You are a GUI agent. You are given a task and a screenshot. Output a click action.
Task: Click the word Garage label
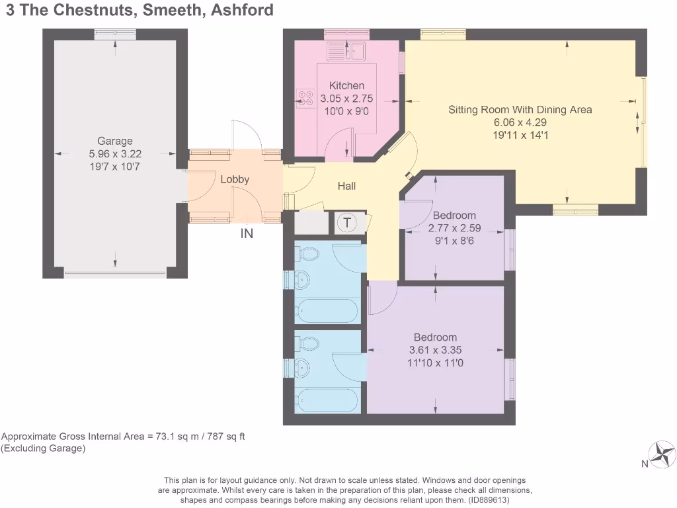pos(115,141)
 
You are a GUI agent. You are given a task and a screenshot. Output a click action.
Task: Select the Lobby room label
pos(235,179)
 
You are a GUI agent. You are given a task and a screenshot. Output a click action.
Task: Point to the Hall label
pos(346,186)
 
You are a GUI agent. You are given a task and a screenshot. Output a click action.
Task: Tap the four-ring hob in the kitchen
pos(305,98)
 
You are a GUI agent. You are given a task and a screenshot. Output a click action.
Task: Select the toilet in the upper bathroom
pos(309,254)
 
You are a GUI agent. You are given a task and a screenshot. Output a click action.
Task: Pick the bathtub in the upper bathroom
pos(327,310)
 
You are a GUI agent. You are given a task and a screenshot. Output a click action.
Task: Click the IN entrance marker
pos(247,233)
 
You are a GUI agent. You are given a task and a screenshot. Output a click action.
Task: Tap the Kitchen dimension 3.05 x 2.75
pos(346,99)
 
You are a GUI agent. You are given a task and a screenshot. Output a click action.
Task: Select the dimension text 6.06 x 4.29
pos(520,122)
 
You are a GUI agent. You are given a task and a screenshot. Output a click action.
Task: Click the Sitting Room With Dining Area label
pos(520,110)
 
